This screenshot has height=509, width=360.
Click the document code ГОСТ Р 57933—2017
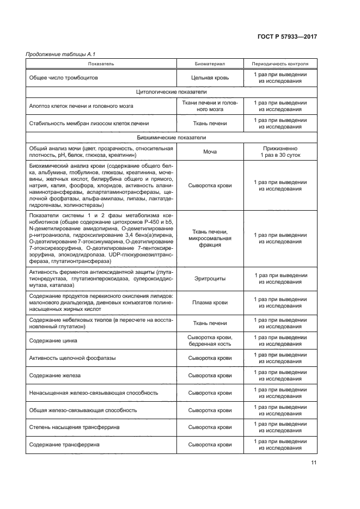click(287, 36)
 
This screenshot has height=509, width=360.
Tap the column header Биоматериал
click(210, 64)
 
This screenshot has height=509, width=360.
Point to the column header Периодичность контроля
click(280, 64)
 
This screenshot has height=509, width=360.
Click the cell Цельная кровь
click(210, 78)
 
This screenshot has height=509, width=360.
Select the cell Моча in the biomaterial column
click(210, 151)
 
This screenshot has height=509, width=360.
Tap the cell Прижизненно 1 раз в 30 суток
click(280, 151)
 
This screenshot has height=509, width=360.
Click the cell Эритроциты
click(210, 279)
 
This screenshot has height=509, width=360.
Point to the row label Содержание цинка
click(53, 341)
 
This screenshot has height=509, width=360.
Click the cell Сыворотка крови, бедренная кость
click(210, 341)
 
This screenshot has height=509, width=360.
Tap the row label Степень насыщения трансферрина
click(74, 427)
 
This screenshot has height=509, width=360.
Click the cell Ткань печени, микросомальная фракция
click(210, 238)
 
